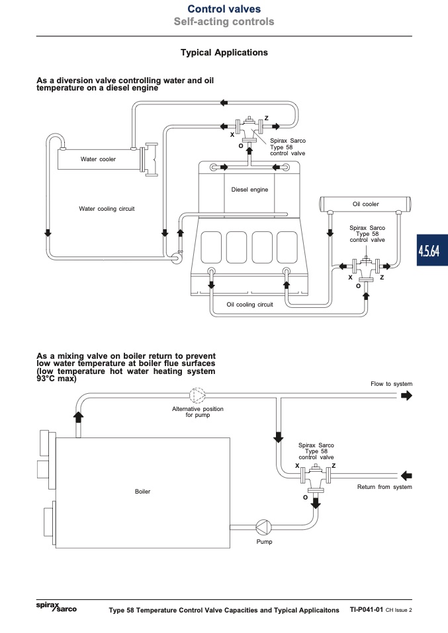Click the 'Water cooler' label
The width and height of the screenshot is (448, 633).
pos(98,159)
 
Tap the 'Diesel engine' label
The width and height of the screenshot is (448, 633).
pos(249,190)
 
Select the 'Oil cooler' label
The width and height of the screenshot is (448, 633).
pos(365,204)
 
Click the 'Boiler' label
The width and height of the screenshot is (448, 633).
pos(142,492)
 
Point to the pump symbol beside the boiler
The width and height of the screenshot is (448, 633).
pos(263,527)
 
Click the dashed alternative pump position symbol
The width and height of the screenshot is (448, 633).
pos(197,396)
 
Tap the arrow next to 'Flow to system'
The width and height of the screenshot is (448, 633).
pos(406,396)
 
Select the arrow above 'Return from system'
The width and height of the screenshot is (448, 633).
pos(406,475)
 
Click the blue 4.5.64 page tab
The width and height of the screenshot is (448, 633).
pos(432,250)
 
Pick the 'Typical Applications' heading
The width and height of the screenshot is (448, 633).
pos(224,52)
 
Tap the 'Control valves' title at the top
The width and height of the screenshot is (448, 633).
pos(224,9)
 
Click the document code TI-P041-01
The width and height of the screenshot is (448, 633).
pos(367,610)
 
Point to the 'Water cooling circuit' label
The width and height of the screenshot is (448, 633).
pos(107,209)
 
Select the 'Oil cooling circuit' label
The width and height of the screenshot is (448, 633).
pos(249,305)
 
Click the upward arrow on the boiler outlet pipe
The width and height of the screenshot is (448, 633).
pos(79,417)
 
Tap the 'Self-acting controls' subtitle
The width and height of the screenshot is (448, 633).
pos(224,21)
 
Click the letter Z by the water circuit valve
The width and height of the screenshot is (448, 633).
pos(267,118)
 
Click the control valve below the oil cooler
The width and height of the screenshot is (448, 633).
pos(366,267)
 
